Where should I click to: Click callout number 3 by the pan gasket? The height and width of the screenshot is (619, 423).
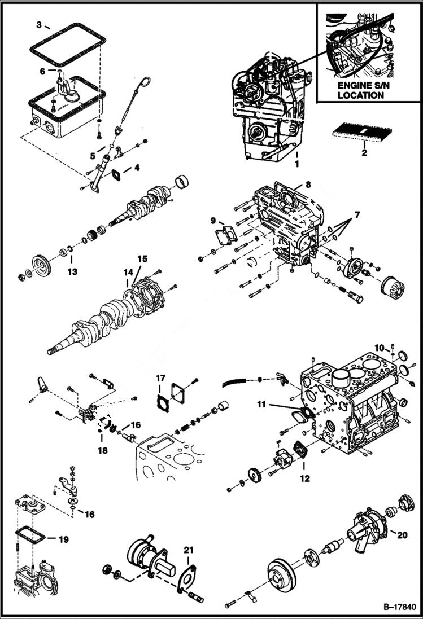point(38,24)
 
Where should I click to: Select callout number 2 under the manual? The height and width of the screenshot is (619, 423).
point(364,152)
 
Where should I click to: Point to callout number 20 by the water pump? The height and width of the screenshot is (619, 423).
point(401,535)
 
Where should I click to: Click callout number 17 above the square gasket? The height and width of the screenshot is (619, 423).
point(160,377)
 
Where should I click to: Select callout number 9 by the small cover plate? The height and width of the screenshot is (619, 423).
point(213,219)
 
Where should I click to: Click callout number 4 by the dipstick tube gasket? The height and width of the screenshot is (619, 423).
point(136,168)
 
